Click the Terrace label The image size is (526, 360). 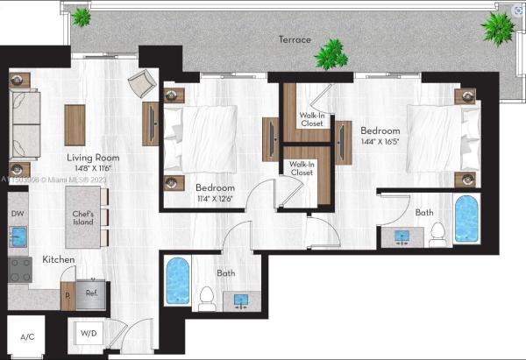click(295, 39)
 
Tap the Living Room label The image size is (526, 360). click(93, 158)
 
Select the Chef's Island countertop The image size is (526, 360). click(83, 217)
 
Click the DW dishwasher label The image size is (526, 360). click(18, 214)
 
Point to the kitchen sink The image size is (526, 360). click(18, 236)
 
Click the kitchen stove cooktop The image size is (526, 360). click(20, 270)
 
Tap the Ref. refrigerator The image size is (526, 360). click(91, 294)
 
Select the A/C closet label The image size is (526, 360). click(27, 337)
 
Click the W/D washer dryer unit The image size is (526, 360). click(89, 333)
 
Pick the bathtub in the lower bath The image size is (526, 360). click(178, 281)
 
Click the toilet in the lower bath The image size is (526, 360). click(206, 299)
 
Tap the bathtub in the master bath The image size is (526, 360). click(466, 219)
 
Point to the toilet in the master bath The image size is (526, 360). click(437, 235)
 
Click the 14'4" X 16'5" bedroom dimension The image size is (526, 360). click(380, 141)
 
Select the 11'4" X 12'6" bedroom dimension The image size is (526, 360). click(215, 199)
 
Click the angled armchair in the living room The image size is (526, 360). click(142, 83)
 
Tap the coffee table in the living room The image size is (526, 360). click(75, 125)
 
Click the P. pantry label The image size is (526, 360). click(68, 296)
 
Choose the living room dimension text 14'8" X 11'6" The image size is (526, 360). click(93, 168)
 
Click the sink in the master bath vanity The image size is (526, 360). click(402, 236)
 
